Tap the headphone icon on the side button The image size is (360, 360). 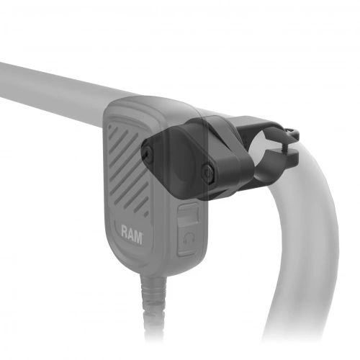189,239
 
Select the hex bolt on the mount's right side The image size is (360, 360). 208,173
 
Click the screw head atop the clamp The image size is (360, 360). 292,130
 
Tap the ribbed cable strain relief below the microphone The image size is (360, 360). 153,300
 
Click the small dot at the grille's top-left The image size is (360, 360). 111,126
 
